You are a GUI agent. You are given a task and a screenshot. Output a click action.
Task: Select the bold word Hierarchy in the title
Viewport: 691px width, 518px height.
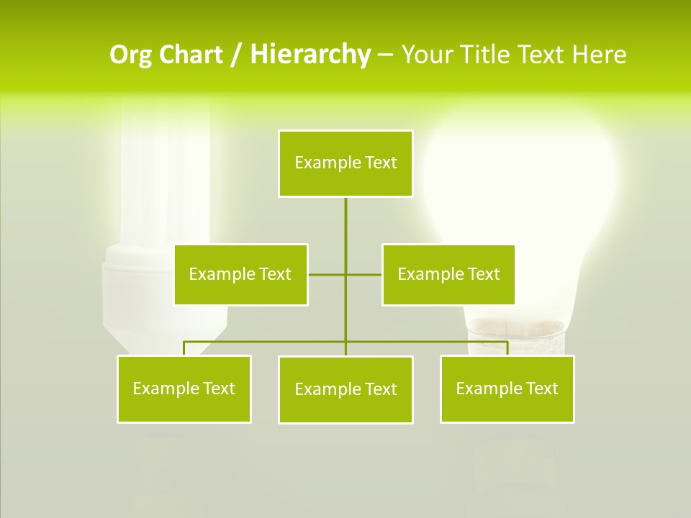(310, 55)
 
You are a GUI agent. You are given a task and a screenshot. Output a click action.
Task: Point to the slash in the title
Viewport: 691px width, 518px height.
(236, 55)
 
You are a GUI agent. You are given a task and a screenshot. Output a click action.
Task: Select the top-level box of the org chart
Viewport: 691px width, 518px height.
(345, 163)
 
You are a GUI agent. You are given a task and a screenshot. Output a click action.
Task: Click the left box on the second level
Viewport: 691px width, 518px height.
(240, 274)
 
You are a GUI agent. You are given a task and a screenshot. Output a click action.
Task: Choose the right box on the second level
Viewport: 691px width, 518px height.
(448, 274)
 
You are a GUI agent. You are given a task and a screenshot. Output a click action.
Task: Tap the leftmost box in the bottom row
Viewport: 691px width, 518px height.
(184, 388)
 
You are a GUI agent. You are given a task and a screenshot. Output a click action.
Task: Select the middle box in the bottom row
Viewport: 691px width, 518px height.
(345, 389)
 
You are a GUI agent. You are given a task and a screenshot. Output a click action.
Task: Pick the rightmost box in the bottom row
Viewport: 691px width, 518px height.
(507, 388)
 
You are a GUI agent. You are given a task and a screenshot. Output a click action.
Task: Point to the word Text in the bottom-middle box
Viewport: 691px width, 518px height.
(380, 389)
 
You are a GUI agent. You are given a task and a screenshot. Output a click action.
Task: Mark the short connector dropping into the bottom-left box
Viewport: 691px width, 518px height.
(184, 348)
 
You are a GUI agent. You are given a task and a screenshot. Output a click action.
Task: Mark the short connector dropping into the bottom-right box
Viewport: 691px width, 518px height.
(507, 348)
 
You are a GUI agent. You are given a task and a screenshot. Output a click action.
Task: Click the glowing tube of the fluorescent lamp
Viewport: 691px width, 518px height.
(166, 173)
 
